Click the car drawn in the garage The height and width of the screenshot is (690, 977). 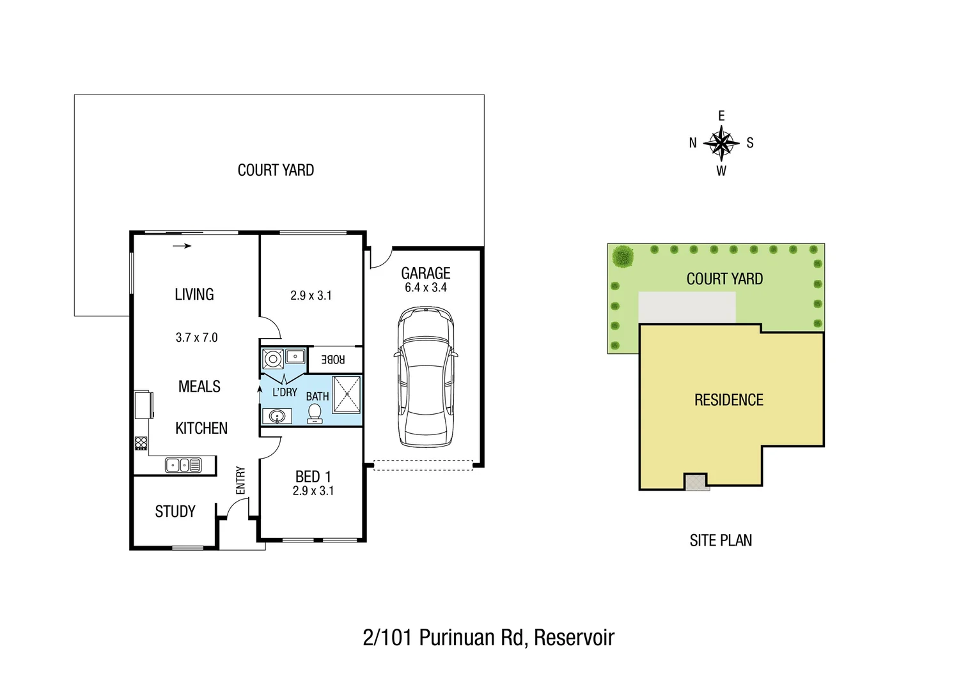[426, 377]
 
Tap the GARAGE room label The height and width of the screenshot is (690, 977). [426, 273]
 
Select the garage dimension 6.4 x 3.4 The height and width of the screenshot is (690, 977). [426, 288]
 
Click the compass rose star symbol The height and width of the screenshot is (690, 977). [721, 143]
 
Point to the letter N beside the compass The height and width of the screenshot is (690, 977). [692, 143]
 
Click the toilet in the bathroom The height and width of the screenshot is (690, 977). [315, 414]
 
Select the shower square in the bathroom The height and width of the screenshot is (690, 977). [347, 394]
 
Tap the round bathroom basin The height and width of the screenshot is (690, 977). [277, 417]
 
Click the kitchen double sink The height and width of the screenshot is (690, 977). [183, 465]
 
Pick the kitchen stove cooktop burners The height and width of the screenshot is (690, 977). [141, 443]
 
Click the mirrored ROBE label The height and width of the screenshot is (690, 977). [332, 360]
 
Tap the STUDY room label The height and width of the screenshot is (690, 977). [175, 512]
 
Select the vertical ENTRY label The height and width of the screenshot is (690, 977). [240, 480]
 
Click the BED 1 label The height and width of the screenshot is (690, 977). [313, 477]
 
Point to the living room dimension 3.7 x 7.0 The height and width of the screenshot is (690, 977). [197, 337]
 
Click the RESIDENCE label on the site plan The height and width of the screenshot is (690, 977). [729, 400]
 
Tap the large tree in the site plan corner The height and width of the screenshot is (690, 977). [622, 257]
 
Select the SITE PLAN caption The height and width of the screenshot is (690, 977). [721, 540]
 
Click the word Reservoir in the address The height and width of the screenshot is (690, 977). [574, 638]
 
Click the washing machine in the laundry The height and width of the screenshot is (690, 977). [274, 359]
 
